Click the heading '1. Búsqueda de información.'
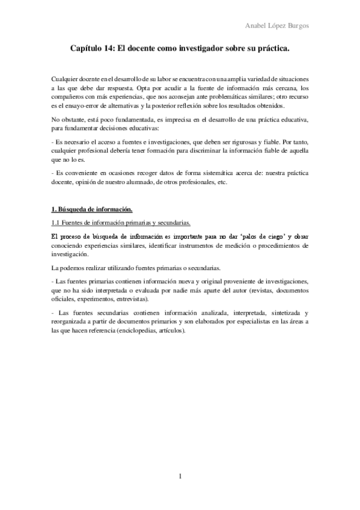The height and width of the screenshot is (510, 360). click(91, 209)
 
